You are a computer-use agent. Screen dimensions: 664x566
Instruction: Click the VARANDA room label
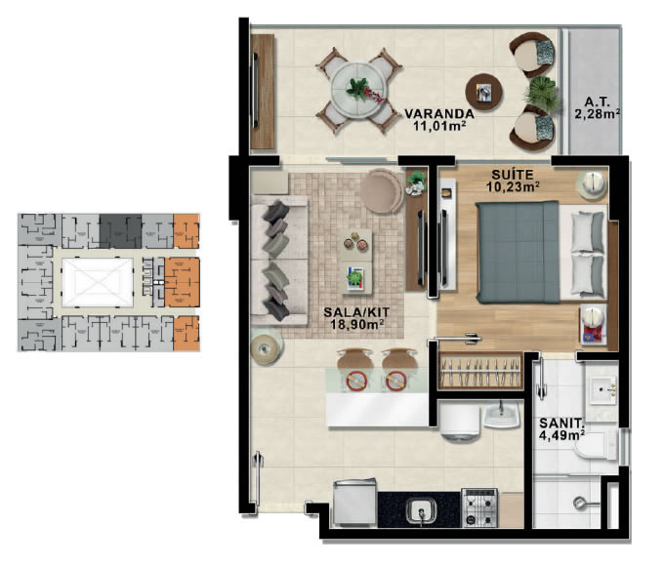[439, 113]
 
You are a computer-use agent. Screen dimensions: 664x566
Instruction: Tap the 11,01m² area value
[440, 125]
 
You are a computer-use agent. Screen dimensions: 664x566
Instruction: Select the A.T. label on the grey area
[597, 102]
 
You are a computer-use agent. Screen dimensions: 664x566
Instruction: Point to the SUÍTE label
[513, 175]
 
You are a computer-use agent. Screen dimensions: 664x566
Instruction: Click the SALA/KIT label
[356, 312]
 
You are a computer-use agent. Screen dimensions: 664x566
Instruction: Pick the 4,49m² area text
[561, 435]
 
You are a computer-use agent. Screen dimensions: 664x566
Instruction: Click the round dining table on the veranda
[359, 90]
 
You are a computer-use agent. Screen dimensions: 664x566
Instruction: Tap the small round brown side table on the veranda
[484, 93]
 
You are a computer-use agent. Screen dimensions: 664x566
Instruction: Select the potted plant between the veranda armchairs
[540, 94]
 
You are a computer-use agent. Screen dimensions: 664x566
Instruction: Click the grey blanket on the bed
[519, 253]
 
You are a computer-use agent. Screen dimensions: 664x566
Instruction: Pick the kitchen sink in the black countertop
[421, 511]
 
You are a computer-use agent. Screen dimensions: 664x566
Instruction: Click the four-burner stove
[479, 507]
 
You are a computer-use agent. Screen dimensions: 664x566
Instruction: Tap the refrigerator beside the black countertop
[354, 503]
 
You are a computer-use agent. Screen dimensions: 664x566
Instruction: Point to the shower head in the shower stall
[580, 503]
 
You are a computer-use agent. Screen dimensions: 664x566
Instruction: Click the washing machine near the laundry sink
[460, 420]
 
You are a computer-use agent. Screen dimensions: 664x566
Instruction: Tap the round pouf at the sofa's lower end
[265, 349]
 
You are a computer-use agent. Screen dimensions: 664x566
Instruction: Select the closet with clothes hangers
[479, 371]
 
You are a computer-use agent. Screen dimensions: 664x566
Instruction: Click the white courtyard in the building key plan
[97, 282]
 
